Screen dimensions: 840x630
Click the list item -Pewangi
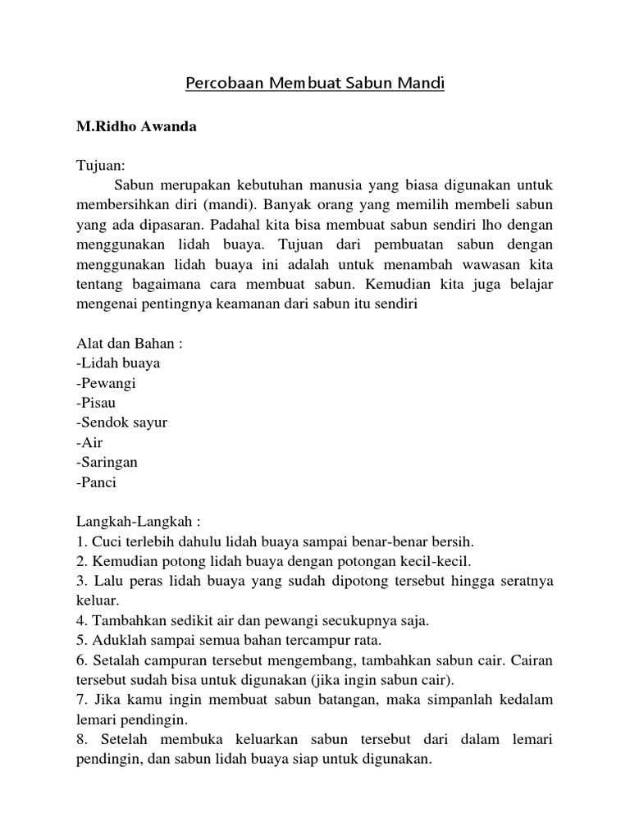[x=107, y=382]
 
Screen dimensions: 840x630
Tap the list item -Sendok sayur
[x=122, y=422]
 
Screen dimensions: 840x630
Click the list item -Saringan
[x=107, y=462]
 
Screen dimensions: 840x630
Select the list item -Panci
[x=97, y=482]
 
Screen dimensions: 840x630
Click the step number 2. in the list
[x=82, y=561]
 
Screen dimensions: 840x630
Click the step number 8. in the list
[x=82, y=740]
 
